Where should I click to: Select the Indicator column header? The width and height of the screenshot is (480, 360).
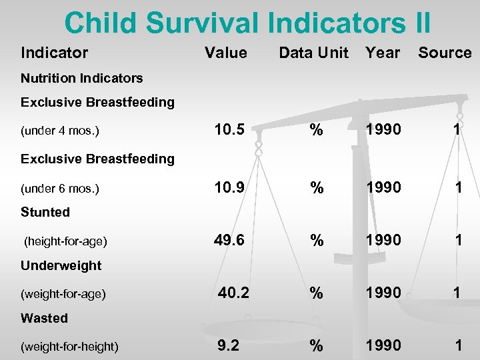(54, 53)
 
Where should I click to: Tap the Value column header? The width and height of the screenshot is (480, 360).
(225, 53)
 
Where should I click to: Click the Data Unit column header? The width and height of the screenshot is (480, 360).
(313, 53)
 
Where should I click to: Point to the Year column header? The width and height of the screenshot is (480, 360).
(383, 53)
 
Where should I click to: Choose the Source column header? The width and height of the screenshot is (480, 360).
(445, 53)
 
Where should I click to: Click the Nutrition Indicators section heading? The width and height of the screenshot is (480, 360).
(81, 78)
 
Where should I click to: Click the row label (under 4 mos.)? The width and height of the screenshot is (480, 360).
(60, 131)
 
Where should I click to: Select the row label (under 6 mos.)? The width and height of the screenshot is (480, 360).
(60, 189)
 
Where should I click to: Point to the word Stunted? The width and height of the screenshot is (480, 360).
(45, 212)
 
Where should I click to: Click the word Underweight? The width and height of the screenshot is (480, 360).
(61, 265)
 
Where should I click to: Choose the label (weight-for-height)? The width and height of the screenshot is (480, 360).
(69, 346)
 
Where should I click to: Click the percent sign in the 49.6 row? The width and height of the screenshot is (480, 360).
(317, 240)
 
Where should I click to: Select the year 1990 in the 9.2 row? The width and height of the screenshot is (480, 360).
(383, 345)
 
